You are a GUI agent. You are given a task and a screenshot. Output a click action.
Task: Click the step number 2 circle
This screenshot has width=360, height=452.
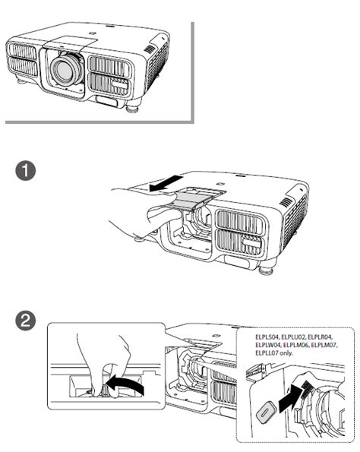(25, 321)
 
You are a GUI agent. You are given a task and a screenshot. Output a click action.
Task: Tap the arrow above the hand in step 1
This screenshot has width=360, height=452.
(166, 183)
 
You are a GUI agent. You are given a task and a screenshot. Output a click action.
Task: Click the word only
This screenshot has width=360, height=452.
(286, 352)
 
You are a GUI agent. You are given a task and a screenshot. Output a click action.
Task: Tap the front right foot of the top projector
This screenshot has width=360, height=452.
(133, 109)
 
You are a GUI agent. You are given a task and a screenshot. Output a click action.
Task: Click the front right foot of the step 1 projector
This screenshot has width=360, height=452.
(266, 271)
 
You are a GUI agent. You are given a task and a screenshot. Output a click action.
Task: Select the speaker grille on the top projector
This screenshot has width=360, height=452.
(149, 49)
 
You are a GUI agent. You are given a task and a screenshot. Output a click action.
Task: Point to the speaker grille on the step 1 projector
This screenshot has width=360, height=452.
(286, 202)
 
